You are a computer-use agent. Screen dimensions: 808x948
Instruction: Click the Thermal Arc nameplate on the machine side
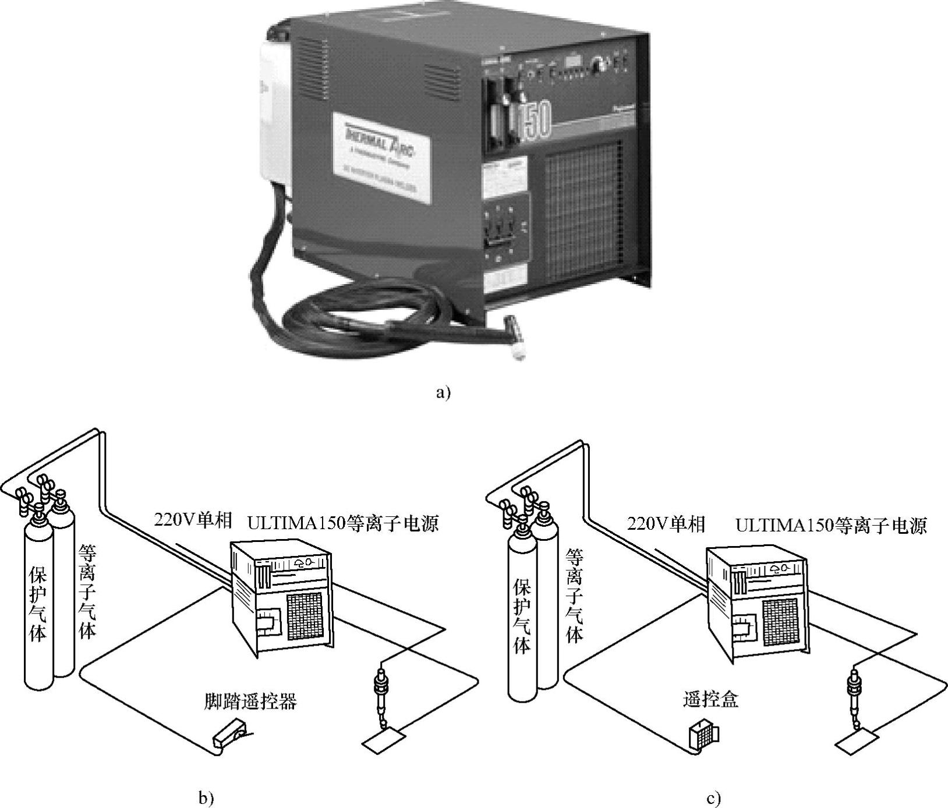coord(381,158)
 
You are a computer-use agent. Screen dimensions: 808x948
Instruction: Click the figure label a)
coord(443,392)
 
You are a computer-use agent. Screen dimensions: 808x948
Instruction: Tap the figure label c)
coord(713,798)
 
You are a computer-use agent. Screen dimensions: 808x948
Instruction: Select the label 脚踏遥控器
coord(250,701)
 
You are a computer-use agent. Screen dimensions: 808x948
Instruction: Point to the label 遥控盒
coord(710,699)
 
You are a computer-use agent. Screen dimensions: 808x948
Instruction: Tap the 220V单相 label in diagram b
coord(193,519)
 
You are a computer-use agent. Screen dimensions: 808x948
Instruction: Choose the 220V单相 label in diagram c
coord(666,524)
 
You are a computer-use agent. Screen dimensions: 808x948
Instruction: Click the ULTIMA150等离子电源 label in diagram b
coord(343,523)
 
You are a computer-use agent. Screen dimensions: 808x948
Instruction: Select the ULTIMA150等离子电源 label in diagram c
coord(831,526)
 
